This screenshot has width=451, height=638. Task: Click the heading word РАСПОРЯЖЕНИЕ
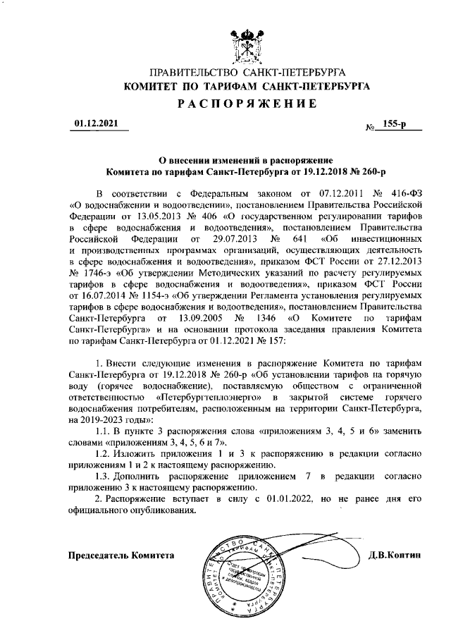pos(246,104)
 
